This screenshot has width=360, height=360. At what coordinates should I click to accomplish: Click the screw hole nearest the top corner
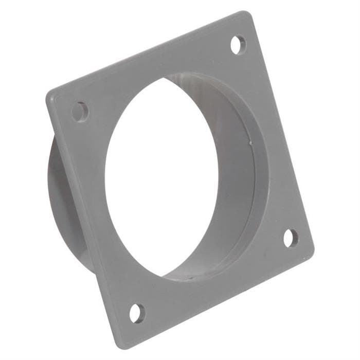238,44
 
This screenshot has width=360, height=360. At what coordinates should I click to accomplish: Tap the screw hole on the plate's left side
80,111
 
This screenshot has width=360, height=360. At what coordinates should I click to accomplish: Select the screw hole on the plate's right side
291,238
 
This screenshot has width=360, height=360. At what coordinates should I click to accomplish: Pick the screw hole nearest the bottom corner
137,312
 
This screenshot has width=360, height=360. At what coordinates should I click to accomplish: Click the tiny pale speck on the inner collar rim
249,138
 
